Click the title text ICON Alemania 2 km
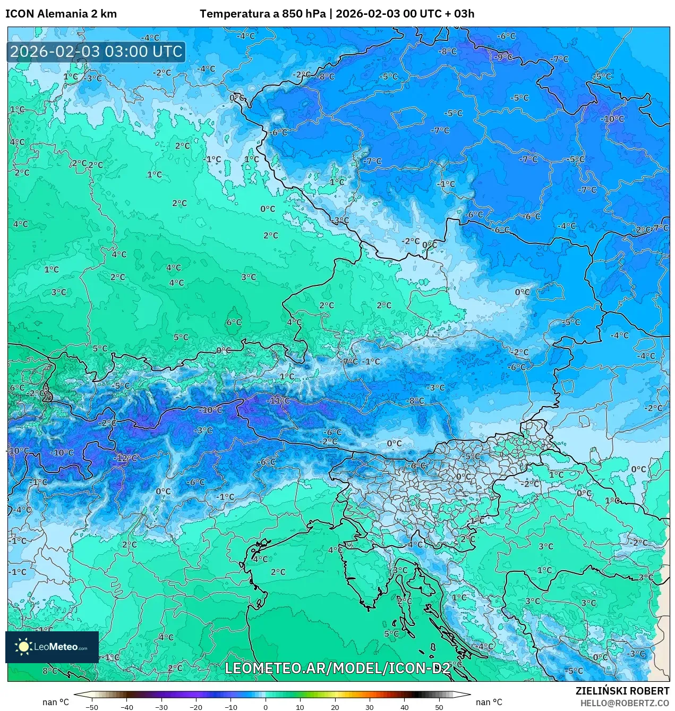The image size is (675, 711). pos(61,14)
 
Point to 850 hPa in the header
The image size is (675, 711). pos(304,14)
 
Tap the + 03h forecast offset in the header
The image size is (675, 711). pos(460,14)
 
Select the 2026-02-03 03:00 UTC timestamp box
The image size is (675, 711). pos(96,52)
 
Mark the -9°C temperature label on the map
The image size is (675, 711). pos(502,57)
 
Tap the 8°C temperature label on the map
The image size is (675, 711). pos(49,671)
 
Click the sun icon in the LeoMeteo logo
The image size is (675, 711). pos(23,647)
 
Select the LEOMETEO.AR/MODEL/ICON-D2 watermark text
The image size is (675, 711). pos(337,668)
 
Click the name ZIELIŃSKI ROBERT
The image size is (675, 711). pos(622,691)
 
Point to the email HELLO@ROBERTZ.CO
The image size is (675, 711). pos(625,703)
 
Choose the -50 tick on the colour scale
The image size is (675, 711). pos(92,707)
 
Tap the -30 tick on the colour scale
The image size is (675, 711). pos(161,707)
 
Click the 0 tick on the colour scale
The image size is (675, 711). pos(266,707)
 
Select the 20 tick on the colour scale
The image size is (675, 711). pos(335,707)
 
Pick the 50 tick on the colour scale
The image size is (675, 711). pos(439,707)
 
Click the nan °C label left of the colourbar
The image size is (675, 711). pos(56,702)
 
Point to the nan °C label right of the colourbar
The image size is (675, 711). pos(489,702)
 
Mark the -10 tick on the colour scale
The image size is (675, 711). pos(230,707)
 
